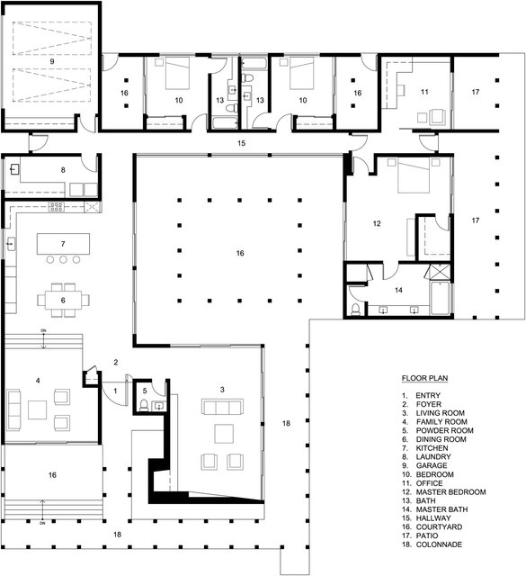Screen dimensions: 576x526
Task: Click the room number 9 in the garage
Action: pos(52,61)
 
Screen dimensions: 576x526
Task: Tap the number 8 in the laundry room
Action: pos(63,169)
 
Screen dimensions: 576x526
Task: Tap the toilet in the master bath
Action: pos(358,309)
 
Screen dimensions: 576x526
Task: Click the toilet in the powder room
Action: pos(145,406)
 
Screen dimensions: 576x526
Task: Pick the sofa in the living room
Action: pos(220,408)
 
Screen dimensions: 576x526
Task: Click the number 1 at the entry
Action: pos(114,391)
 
